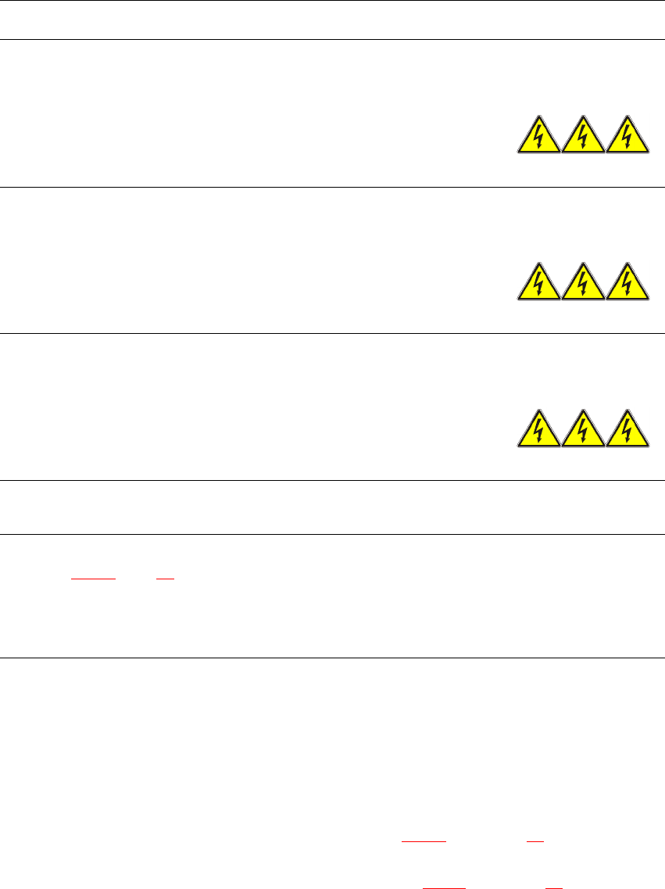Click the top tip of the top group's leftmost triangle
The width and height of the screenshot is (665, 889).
[539, 116]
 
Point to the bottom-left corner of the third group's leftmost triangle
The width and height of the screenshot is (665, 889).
[517, 447]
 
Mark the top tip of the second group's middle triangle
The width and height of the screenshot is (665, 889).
[584, 263]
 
